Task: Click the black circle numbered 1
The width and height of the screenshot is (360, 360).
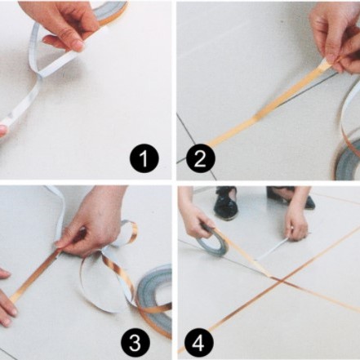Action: point(144,158)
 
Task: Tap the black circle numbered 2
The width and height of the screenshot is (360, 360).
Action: point(201,158)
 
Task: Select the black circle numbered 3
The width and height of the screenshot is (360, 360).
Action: point(136,344)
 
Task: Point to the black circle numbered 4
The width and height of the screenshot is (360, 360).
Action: point(198,344)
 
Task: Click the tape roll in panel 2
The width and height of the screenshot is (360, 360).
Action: point(349,161)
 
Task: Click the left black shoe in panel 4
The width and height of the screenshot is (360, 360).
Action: point(226,202)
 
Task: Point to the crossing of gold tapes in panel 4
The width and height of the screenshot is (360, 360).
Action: point(282,280)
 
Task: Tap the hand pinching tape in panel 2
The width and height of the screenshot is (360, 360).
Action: point(337,38)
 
